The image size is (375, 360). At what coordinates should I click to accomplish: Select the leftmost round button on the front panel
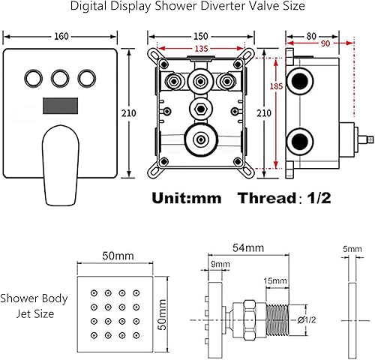(34, 77)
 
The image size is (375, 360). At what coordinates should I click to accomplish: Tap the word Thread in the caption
(262, 199)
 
